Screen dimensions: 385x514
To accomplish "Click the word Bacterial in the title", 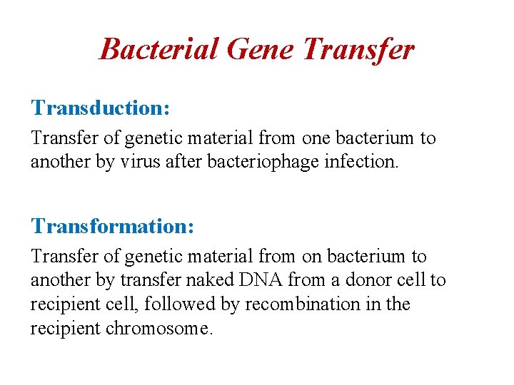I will point(158,50).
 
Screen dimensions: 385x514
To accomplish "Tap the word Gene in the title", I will point(261,50).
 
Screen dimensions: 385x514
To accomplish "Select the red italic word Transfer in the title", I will point(358,50).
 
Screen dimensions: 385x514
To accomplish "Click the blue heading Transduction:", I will point(101,108).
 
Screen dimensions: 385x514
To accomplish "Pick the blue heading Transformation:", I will point(112,226).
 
